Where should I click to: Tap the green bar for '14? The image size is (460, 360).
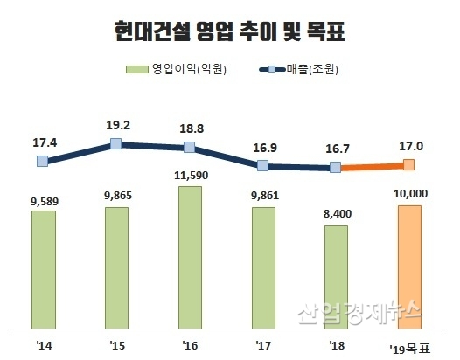pos(43,269)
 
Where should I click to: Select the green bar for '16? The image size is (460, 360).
pos(190,257)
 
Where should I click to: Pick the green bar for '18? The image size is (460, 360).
pos(335,276)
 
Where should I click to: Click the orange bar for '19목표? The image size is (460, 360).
pos(408,267)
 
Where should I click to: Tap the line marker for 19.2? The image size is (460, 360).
pos(116,143)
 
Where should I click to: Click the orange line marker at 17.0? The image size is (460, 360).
pos(408,163)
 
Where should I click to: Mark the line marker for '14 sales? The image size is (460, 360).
pos(43,161)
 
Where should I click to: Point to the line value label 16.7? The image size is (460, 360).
pos(335,149)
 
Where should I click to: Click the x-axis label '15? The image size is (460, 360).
pos(116,344)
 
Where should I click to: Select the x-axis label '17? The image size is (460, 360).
pos(262,344)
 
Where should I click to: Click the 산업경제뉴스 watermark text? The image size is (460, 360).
pos(359,311)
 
